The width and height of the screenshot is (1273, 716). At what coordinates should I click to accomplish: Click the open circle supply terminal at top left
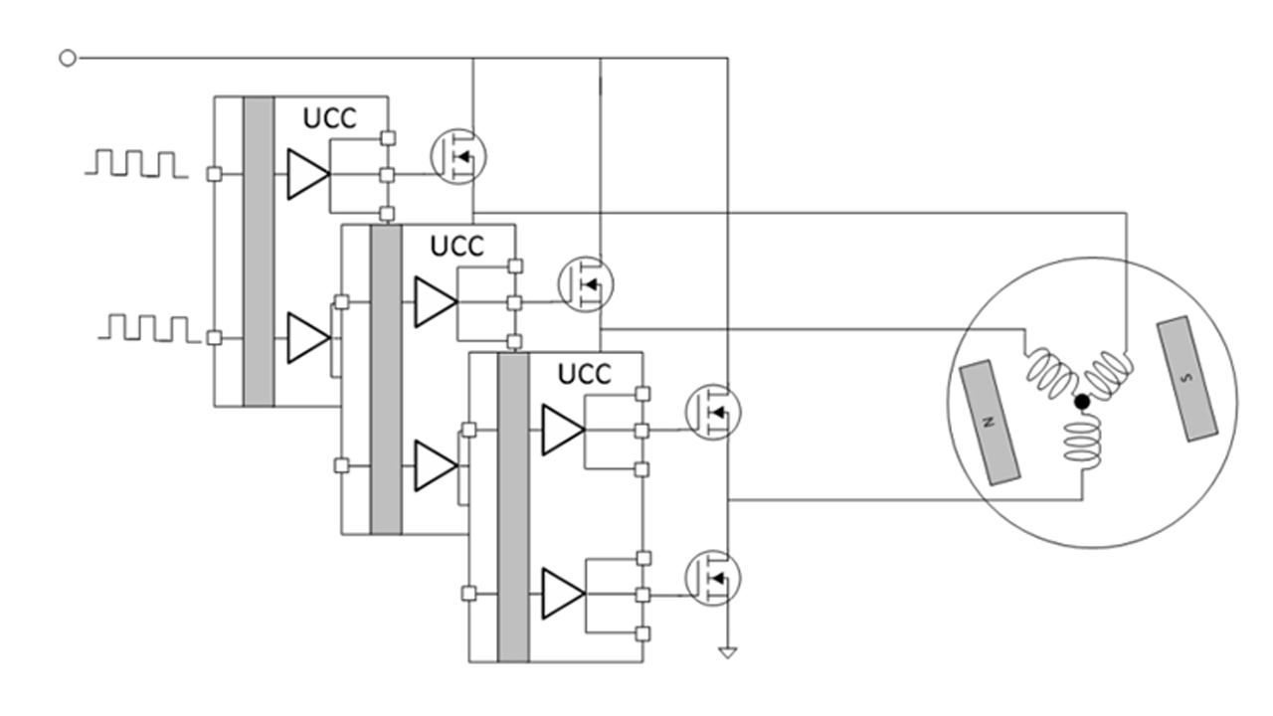(68, 59)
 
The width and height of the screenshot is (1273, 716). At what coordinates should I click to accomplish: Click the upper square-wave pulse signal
(136, 164)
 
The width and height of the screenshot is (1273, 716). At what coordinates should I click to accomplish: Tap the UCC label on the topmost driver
(329, 117)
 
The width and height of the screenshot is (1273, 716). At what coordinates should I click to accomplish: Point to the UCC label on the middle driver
(456, 246)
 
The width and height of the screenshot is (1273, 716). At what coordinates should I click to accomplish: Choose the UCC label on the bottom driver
(584, 374)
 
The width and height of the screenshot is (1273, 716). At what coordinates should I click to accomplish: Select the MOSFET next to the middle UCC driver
(586, 283)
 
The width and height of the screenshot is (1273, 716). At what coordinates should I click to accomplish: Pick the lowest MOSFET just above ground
(713, 576)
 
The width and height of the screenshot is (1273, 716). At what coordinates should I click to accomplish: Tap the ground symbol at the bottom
(728, 653)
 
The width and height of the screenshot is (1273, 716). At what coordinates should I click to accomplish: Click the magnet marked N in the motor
(990, 423)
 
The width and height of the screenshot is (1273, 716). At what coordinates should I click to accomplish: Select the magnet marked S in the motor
(1189, 378)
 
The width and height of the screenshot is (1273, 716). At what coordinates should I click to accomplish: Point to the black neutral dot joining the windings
(1082, 402)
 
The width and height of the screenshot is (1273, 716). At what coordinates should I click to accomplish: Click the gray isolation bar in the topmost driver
(259, 252)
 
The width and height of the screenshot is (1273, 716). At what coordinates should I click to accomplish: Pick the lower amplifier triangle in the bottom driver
(562, 594)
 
